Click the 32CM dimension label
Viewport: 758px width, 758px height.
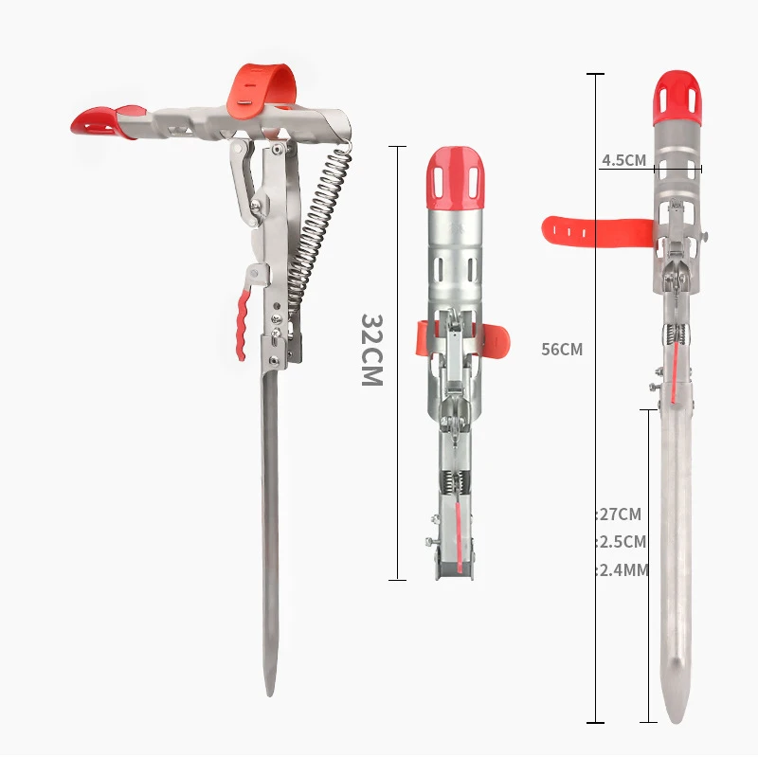click(x=372, y=350)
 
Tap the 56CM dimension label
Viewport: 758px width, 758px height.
click(x=562, y=349)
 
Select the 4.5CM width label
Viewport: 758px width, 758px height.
click(x=623, y=160)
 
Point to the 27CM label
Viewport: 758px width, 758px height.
click(x=621, y=514)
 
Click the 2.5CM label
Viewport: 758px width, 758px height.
click(x=623, y=542)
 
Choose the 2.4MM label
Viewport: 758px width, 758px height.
click(x=623, y=570)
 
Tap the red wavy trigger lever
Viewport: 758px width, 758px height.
click(x=243, y=324)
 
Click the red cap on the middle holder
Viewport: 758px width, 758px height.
click(x=455, y=179)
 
